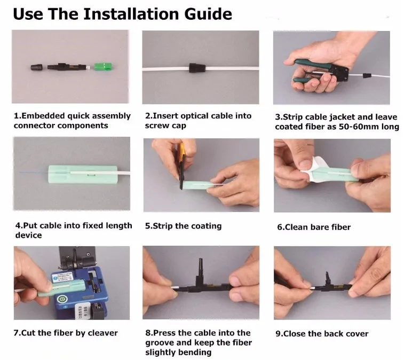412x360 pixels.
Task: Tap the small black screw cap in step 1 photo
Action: (x=36, y=67)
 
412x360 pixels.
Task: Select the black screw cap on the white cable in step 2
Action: (x=197, y=68)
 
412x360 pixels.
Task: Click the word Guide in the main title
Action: (x=208, y=14)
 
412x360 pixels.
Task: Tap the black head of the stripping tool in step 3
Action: (x=340, y=72)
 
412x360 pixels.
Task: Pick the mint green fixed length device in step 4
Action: (x=83, y=174)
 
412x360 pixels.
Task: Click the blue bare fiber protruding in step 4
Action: (x=34, y=173)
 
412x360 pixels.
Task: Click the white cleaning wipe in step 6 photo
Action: (x=315, y=168)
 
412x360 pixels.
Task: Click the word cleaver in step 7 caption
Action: (x=103, y=333)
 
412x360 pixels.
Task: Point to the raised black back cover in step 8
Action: (x=201, y=268)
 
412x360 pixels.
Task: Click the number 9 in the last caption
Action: (x=278, y=334)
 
